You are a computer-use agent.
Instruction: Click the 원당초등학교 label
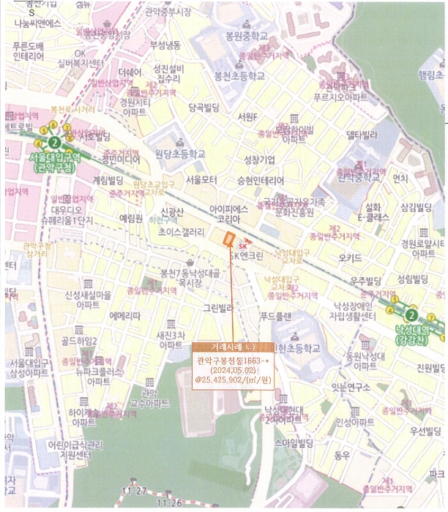pyautogui.click(x=180, y=154)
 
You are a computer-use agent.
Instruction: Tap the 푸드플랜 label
pyautogui.click(x=275, y=316)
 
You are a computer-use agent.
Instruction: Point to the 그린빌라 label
pyautogui.click(x=217, y=308)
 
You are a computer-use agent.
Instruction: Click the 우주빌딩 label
pyautogui.click(x=367, y=281)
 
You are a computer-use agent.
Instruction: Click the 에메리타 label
pyautogui.click(x=124, y=315)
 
